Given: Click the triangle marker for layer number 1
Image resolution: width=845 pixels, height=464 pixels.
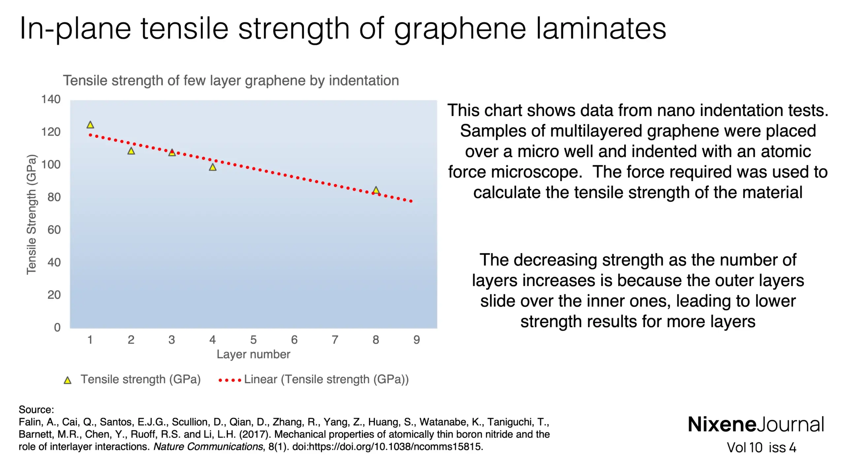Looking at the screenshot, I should pos(90,125).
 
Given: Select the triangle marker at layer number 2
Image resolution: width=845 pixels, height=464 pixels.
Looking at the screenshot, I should pos(131,151).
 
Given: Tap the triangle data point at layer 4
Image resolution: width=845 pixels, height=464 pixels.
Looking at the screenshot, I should pos(213,168).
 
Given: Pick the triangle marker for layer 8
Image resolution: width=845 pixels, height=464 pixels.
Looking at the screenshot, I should pos(376,190).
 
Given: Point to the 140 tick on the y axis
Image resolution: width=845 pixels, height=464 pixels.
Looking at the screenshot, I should pos(51,99).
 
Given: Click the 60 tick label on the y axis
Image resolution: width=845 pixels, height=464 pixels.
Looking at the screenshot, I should pos(54,230).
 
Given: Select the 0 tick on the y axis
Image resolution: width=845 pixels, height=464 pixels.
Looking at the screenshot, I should pos(57,327).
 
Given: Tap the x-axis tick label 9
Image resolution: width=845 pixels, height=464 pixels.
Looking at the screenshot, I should pos(417,340).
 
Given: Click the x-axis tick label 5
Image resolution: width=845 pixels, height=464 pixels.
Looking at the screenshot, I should pos(253,340).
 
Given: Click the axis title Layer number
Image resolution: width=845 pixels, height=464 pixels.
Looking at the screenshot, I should pos(253,354).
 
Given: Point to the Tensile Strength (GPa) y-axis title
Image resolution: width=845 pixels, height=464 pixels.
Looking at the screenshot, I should pos(31,215).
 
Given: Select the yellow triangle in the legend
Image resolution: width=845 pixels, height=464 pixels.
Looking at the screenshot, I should pos(68,381).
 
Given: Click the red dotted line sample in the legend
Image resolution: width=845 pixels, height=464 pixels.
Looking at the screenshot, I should pos(230,381).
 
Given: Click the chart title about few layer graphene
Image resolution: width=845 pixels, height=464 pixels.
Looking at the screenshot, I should pos(231,81).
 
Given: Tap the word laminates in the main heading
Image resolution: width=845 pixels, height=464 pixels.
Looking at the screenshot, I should pos(600,29).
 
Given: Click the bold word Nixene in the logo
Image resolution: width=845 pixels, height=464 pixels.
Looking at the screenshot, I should pos(722,425).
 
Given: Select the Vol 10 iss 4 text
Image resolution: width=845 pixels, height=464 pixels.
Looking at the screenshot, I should pos(761,448).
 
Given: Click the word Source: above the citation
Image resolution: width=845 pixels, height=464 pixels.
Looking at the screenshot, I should pos(36,410).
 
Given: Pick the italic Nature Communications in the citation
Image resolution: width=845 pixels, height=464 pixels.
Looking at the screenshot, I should pos(208,447).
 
